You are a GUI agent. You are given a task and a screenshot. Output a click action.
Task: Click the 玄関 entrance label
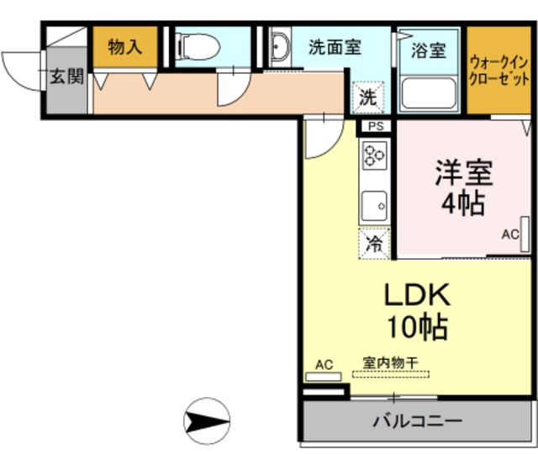(x=66, y=77)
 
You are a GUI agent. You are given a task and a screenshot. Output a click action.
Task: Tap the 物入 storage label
(x=125, y=47)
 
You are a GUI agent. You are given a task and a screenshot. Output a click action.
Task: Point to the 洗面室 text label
(x=334, y=47)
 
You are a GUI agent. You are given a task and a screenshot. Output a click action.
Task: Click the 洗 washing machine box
(x=368, y=97)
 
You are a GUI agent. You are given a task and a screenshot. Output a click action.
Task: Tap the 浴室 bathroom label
(x=429, y=50)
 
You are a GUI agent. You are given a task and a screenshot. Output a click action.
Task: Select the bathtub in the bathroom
(x=429, y=92)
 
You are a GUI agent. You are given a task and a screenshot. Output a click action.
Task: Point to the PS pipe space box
(x=376, y=127)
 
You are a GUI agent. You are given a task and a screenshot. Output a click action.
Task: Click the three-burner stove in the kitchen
(x=374, y=157)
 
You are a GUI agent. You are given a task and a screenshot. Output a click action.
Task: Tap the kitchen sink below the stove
(x=374, y=204)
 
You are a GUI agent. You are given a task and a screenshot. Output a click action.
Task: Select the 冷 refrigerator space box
(x=374, y=243)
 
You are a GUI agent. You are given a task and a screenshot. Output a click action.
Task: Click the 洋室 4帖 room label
(x=462, y=187)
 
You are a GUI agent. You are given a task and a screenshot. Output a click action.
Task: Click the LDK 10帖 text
(x=417, y=309)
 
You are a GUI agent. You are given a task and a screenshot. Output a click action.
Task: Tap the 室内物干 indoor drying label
(x=390, y=362)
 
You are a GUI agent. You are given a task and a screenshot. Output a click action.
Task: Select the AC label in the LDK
(x=324, y=364)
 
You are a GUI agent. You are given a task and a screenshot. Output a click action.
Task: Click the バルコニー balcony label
(x=417, y=420)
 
